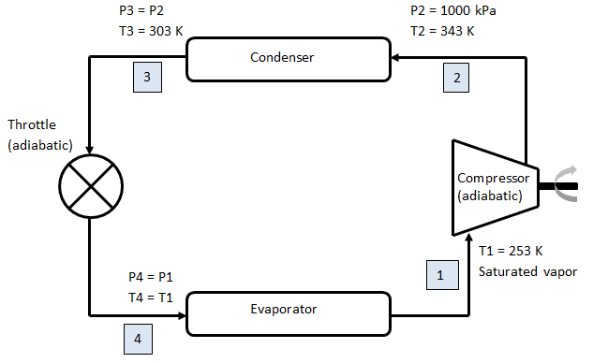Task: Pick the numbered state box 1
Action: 442,275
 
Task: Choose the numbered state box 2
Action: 456,78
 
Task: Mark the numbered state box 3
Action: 147,77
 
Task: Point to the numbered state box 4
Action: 138,340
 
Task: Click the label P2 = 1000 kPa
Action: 453,10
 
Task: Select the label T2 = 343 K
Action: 442,31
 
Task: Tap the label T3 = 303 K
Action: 151,31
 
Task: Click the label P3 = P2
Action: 141,10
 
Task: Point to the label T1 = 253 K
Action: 511,251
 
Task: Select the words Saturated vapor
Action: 527,271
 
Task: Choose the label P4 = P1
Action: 151,277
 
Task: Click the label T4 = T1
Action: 151,298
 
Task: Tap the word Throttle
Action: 32,124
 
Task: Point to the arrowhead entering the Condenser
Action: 395,58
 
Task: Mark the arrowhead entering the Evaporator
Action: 182,315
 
